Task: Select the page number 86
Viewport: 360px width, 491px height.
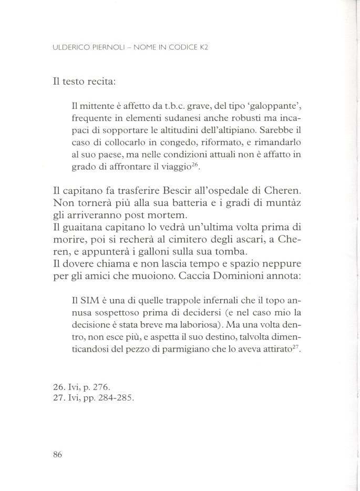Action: click(58, 455)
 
